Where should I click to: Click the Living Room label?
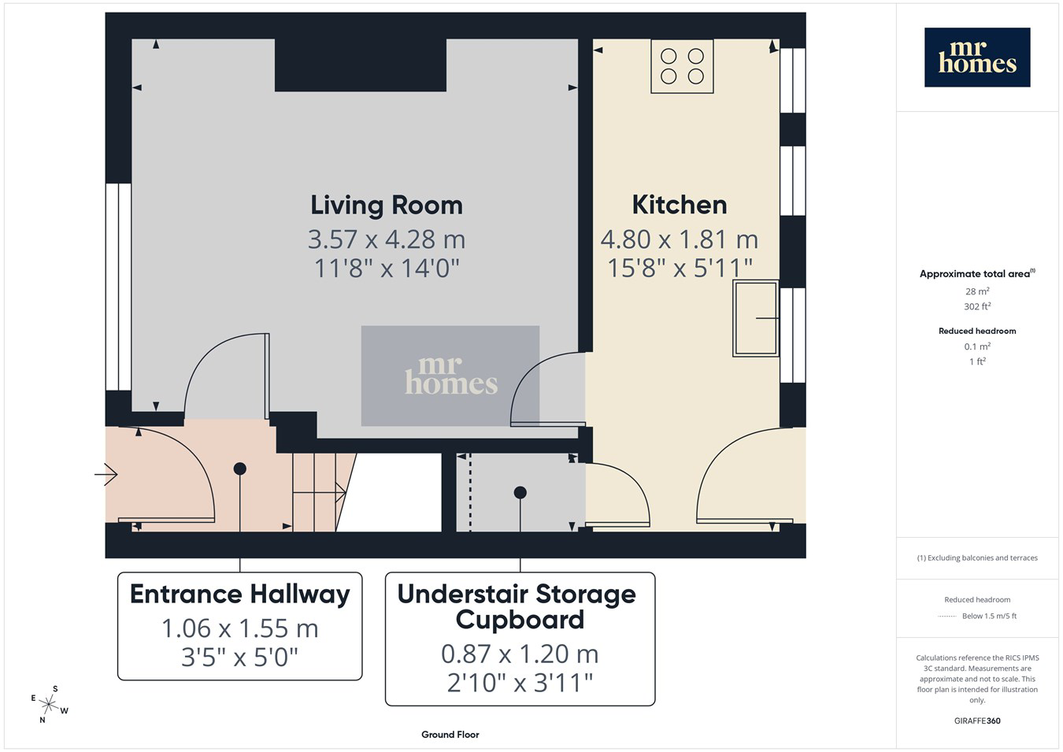(x=387, y=206)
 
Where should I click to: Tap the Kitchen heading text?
(x=680, y=205)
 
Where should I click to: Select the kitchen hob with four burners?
(x=682, y=66)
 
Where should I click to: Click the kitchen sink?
(x=755, y=318)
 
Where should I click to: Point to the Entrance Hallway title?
(x=240, y=595)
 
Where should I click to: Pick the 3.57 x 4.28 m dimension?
(x=387, y=239)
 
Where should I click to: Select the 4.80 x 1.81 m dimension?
(x=680, y=239)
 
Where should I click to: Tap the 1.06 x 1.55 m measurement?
(x=239, y=628)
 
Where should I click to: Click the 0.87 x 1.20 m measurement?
(x=520, y=654)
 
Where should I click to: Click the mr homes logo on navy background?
(x=977, y=57)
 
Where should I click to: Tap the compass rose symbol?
(x=49, y=705)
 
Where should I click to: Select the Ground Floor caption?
(x=450, y=735)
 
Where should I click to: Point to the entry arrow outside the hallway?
(x=106, y=474)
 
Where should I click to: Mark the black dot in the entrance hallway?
(x=240, y=469)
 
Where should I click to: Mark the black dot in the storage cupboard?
(x=520, y=492)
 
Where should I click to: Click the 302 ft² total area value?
(x=977, y=306)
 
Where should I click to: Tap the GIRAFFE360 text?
(x=977, y=721)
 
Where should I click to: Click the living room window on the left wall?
(x=118, y=287)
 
